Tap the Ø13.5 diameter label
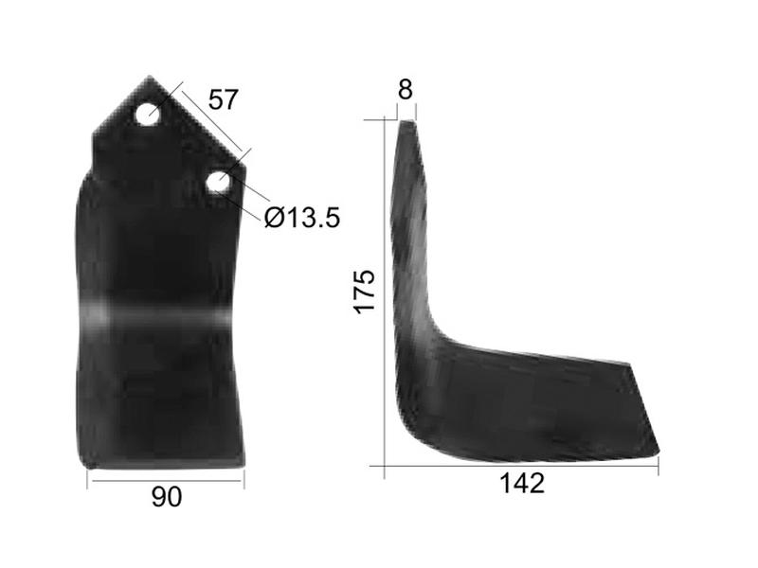point(302,219)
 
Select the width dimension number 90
point(166,497)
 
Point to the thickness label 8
point(406,90)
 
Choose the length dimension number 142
point(521,484)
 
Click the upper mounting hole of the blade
point(147,115)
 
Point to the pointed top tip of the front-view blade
point(148,79)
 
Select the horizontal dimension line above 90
point(166,479)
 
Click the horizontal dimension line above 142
point(521,467)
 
